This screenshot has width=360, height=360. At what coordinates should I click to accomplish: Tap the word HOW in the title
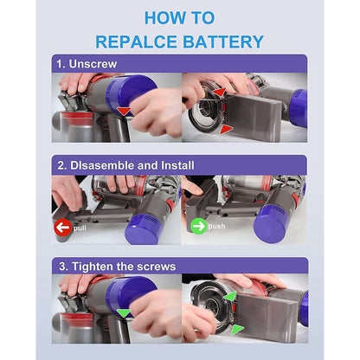tap(164, 17)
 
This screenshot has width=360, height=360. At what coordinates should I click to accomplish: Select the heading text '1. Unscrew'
tap(87, 63)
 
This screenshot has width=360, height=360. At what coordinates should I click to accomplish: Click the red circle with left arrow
tap(61, 228)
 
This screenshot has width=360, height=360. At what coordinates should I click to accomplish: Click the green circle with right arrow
tap(198, 228)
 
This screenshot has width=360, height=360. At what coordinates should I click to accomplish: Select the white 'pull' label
tap(80, 228)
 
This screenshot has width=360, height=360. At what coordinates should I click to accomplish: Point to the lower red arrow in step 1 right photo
tap(227, 129)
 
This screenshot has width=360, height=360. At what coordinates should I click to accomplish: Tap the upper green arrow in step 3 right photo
tap(230, 297)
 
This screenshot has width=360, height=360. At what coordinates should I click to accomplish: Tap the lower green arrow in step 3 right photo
tap(238, 330)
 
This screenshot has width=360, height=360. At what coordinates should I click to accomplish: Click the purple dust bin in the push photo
tap(274, 224)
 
